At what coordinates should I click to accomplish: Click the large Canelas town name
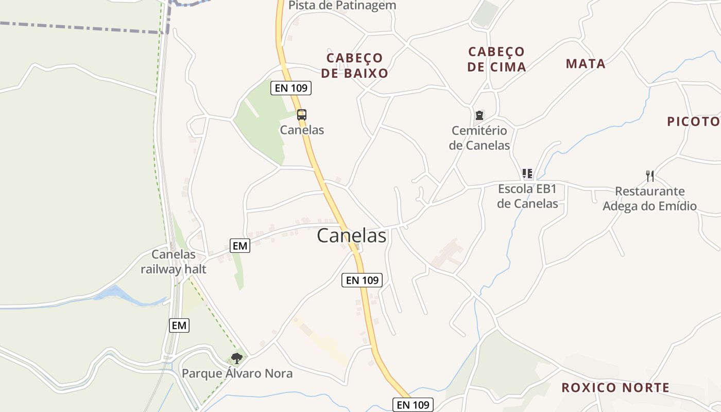[351, 235]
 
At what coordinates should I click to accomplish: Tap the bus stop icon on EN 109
[302, 115]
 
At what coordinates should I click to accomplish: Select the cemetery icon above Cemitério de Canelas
[479, 115]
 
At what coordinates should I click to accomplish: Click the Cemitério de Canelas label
[479, 138]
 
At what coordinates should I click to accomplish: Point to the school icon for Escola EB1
[527, 174]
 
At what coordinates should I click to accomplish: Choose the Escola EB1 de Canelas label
[528, 196]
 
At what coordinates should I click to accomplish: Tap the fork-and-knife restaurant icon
[650, 176]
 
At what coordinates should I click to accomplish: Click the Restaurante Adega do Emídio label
[649, 199]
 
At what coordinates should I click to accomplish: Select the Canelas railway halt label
[174, 262]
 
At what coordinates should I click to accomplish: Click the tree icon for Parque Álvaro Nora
[237, 358]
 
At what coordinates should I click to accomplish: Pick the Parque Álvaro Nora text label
[237, 373]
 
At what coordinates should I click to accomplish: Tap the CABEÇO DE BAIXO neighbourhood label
[355, 65]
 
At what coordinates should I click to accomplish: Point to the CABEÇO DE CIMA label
[497, 59]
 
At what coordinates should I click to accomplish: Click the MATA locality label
[586, 64]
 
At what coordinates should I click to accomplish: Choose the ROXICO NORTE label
[615, 387]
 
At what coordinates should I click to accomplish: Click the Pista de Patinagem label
[342, 6]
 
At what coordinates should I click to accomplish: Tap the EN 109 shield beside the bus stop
[291, 88]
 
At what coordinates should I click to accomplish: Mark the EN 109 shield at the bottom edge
[413, 405]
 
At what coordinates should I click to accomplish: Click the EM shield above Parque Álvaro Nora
[179, 325]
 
